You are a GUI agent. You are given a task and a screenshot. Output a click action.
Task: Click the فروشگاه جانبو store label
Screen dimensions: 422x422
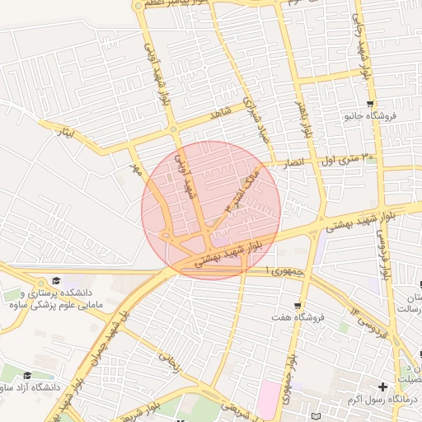coord(370,116)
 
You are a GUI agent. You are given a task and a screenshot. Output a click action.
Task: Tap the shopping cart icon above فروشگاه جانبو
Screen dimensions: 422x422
coord(370,104)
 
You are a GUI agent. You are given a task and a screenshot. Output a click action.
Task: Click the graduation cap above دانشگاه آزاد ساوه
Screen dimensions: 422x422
coord(27,375)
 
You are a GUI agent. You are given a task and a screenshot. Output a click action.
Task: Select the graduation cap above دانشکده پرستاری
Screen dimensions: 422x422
coord(56,281)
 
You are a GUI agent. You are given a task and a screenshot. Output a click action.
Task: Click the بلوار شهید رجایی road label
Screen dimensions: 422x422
coord(361,41)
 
